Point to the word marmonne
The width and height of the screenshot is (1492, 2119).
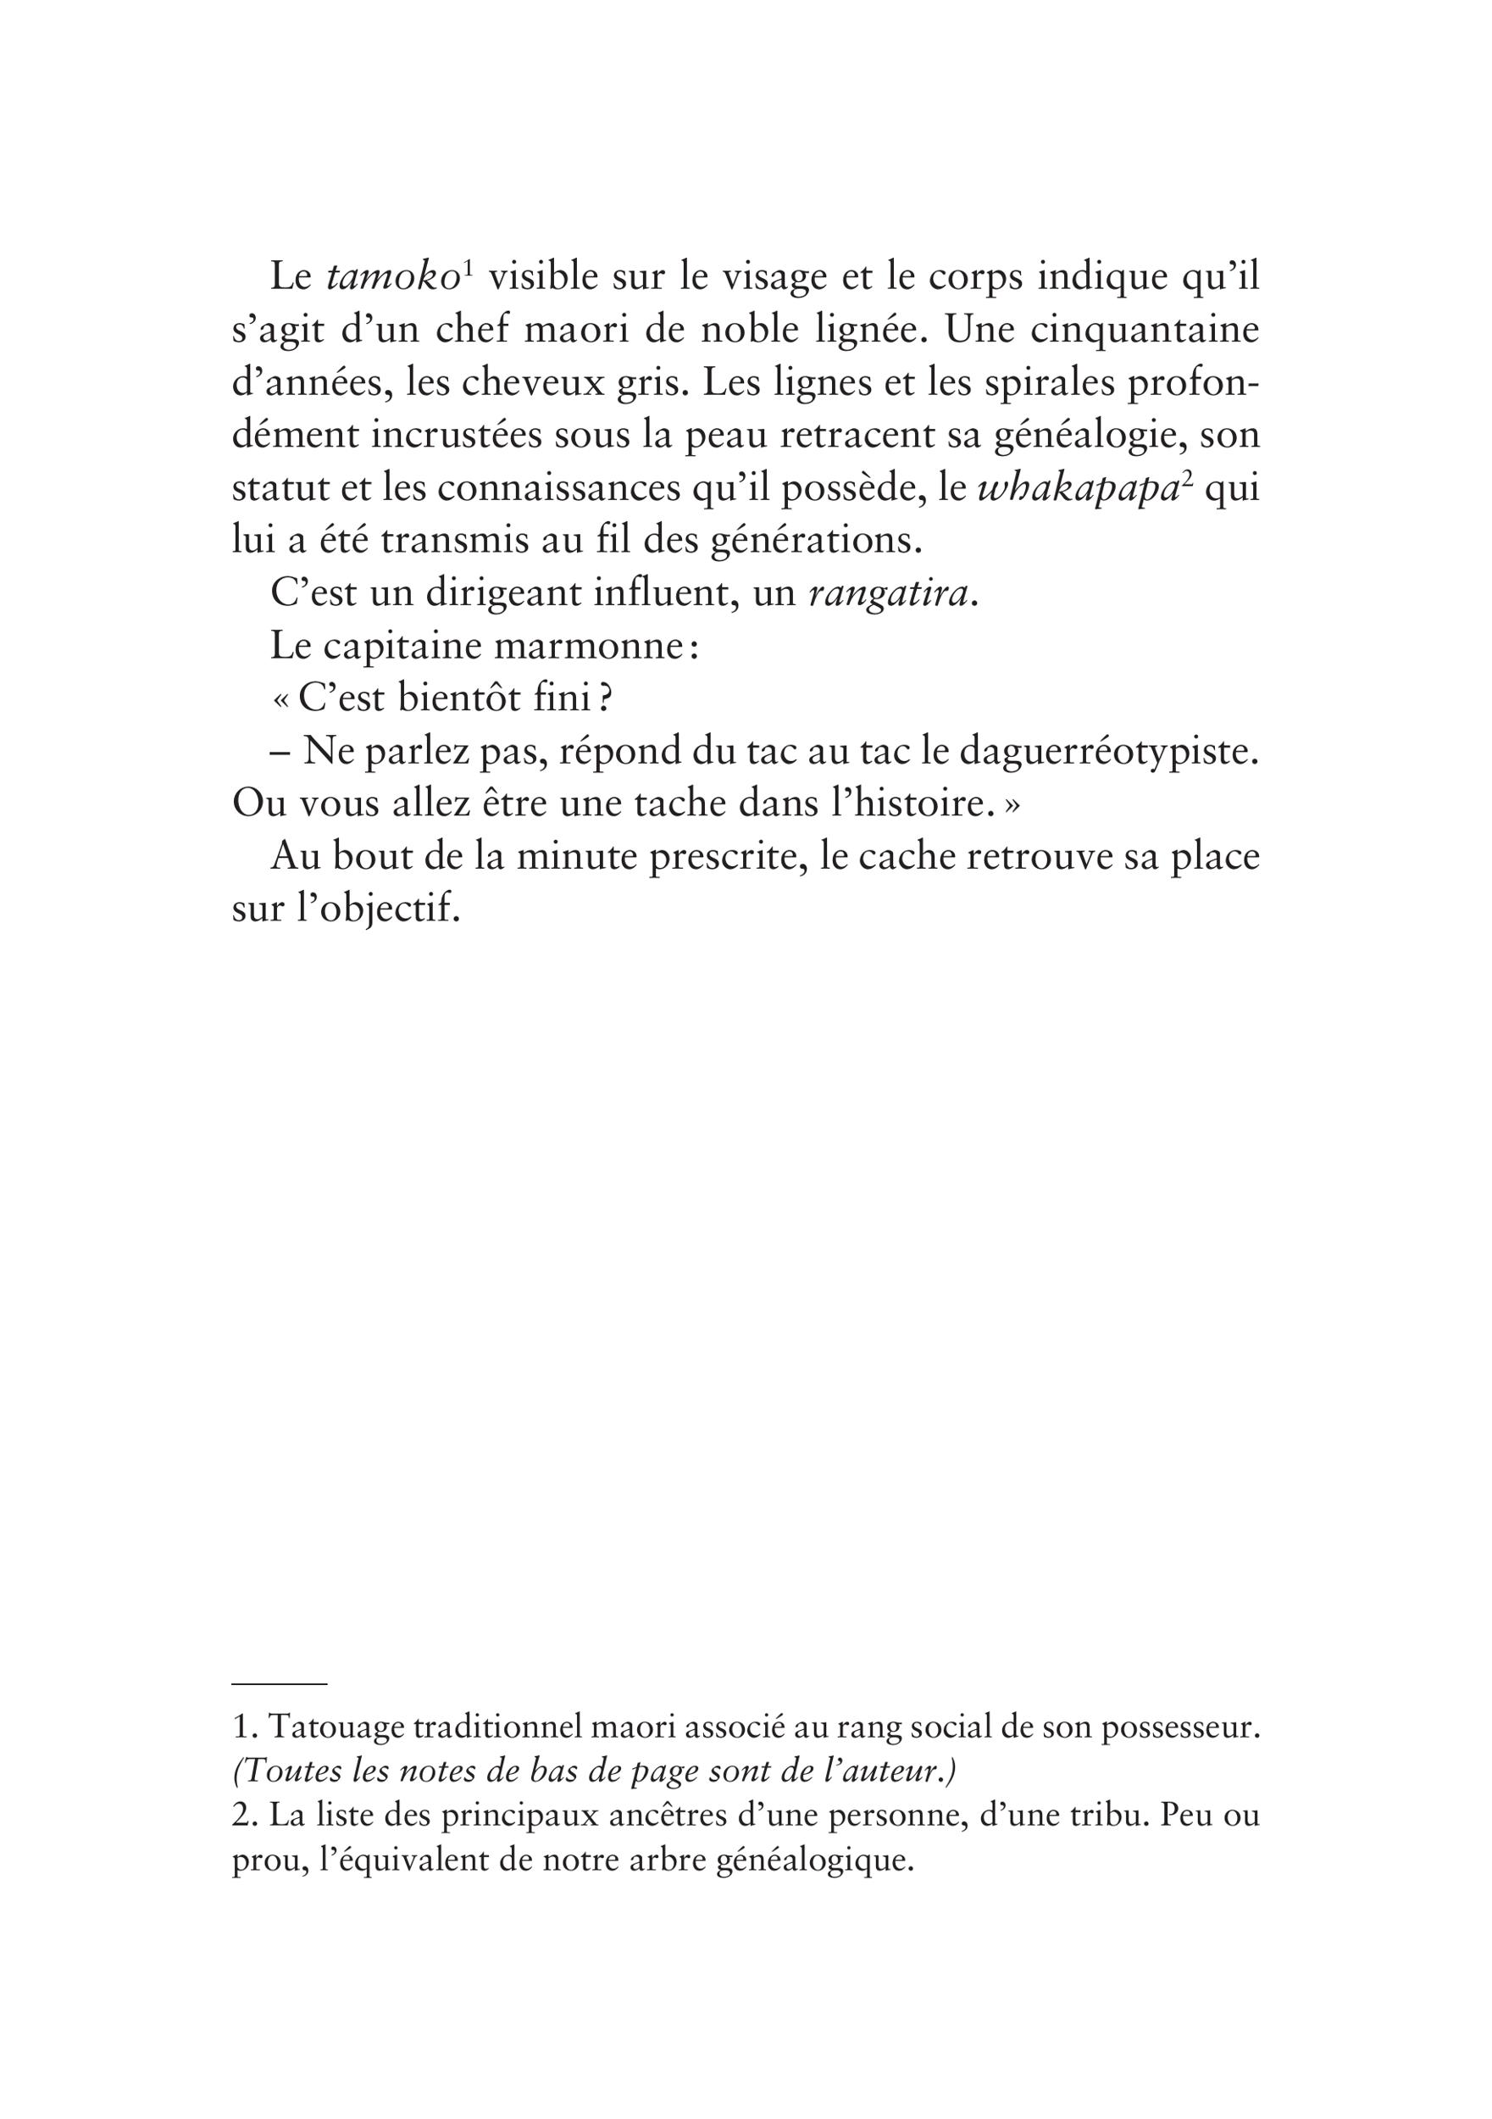pyautogui.click(x=589, y=646)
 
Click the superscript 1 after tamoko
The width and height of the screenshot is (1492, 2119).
pyautogui.click(x=468, y=269)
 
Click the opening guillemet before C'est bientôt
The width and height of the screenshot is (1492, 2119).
pyautogui.click(x=281, y=700)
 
